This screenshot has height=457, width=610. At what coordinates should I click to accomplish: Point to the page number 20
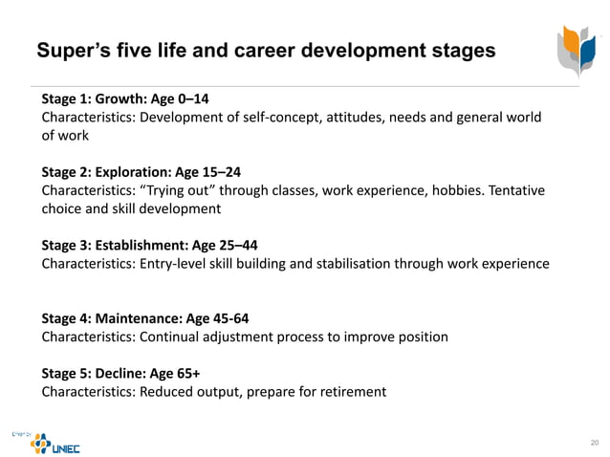point(594,442)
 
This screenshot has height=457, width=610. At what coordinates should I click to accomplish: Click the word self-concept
point(287,118)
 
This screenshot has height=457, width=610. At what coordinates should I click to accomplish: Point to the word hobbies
point(455,190)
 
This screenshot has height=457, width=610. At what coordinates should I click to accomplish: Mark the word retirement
point(353,391)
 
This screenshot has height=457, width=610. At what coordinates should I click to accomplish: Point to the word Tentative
point(516,190)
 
